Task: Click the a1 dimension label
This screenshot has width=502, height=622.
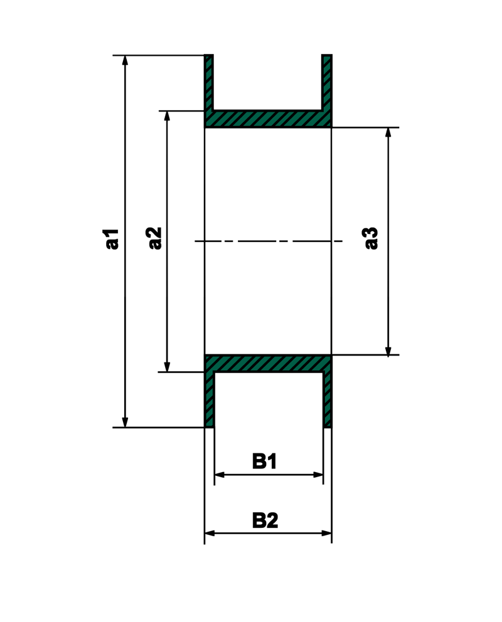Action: (112, 240)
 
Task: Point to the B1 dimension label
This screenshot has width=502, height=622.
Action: (265, 462)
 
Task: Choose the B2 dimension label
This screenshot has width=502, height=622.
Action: (265, 520)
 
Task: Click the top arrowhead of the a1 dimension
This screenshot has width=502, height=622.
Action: (125, 60)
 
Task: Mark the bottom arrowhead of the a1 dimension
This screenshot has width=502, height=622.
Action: (125, 423)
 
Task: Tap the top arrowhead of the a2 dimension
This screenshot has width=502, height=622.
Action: (167, 116)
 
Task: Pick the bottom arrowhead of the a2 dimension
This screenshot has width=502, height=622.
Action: (167, 367)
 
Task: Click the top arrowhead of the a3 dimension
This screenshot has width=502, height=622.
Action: (388, 132)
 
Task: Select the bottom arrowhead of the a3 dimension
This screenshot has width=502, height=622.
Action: (388, 351)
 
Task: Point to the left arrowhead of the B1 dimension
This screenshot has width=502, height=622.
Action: (219, 475)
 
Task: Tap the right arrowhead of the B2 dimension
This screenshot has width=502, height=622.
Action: (327, 533)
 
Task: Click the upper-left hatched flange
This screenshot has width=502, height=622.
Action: (209, 82)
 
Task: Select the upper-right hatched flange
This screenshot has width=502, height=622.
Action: (327, 82)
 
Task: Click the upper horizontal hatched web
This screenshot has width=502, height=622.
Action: (268, 119)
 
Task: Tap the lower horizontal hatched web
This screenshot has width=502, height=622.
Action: (268, 364)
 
